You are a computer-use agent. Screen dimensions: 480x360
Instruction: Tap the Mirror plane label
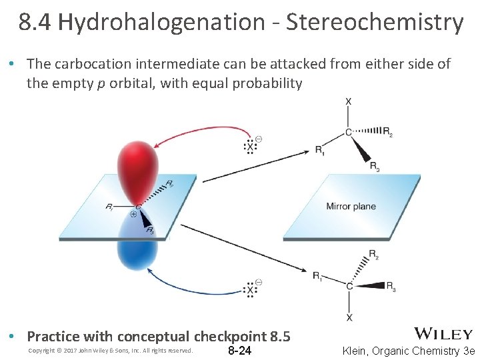point(351,207)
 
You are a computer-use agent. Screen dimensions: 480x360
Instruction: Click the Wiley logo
point(443,334)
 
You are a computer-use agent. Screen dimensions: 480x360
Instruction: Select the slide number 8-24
point(240,351)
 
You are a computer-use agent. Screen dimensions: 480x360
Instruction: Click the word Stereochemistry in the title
point(374,23)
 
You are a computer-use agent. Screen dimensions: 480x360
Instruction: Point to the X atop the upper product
point(349,101)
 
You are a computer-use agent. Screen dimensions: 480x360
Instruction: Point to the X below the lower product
point(349,317)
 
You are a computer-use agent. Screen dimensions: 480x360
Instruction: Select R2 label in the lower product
point(374,254)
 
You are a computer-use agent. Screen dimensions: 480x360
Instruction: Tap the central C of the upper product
point(349,132)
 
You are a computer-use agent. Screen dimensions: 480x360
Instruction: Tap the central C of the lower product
point(349,286)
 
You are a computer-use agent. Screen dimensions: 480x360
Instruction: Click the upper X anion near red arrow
point(251,145)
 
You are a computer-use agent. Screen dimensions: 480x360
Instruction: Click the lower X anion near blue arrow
point(251,289)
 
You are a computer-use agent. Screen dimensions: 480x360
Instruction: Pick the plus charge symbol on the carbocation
point(133,215)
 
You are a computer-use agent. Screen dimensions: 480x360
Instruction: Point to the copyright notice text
point(111,351)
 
